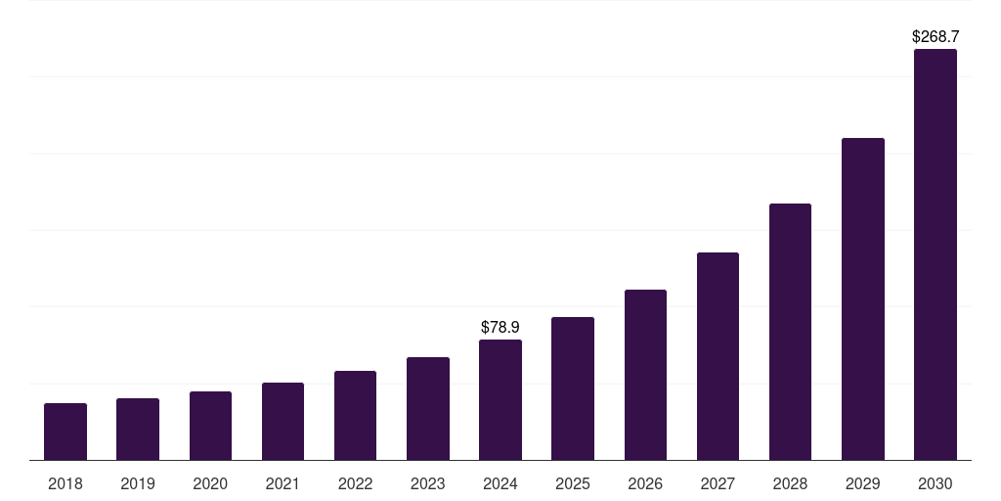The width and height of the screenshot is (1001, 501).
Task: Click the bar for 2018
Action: coord(65,432)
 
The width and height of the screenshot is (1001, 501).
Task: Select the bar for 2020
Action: coord(210,426)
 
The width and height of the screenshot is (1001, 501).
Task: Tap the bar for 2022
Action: coord(355,416)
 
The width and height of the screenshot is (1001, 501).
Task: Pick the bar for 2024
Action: coord(500,400)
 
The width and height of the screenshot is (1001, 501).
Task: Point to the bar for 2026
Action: coord(645,375)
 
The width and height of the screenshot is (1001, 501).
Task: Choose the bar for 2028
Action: coord(790,332)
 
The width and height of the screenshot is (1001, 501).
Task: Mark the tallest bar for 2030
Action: coord(936,254)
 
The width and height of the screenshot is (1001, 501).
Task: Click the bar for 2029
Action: coord(863,299)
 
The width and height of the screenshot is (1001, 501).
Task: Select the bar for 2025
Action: coord(573,388)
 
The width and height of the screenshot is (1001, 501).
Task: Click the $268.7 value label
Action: coord(936,36)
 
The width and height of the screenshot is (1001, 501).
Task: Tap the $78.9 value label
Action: coord(500,327)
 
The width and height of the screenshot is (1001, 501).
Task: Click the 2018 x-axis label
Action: coord(65,483)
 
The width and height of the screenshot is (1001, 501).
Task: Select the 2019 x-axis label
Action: coord(138,483)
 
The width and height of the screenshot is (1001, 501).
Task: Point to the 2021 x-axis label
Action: coord(283,483)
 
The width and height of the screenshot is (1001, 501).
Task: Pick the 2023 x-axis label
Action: coord(428,483)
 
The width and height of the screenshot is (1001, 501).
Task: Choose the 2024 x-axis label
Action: coord(500,483)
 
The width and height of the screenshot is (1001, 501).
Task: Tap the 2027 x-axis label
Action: coord(718,483)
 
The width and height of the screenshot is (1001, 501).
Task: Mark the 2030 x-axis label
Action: coord(936,483)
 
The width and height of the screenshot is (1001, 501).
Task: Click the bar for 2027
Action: coord(718,356)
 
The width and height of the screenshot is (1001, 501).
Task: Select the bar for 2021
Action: coord(283,422)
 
